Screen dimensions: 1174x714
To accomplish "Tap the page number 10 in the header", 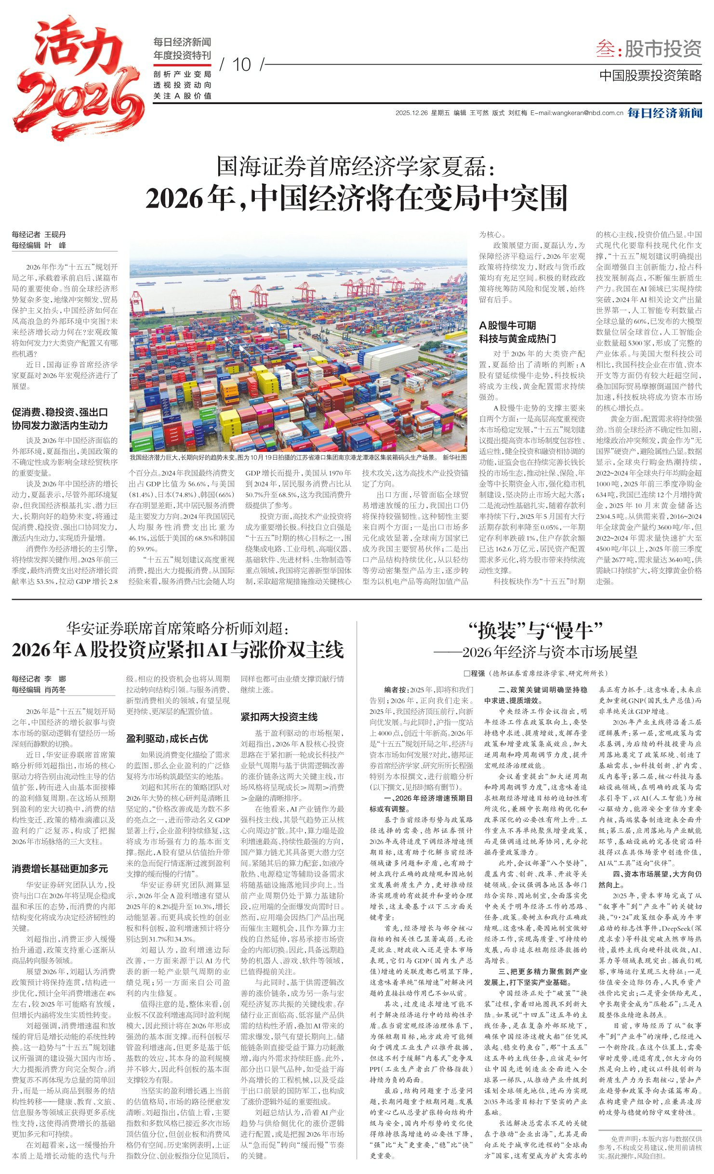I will tap(242, 65).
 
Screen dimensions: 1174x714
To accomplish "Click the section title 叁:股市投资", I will tap(648, 49).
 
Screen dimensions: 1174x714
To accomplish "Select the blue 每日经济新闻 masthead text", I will tap(664, 113).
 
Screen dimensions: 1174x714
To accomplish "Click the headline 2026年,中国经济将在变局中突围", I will tap(357, 198).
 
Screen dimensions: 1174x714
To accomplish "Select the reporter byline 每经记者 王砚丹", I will tap(39, 235).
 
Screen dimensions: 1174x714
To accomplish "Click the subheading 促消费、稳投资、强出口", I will tap(60, 412).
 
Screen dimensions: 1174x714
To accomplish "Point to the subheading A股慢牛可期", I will tap(507, 325).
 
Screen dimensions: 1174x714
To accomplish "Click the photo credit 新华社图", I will tap(454, 457).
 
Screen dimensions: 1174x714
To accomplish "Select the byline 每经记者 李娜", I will tap(39, 679).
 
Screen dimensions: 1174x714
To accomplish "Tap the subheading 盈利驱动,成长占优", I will tap(167, 739).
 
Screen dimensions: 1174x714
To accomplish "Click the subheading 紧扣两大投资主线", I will tap(279, 717).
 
